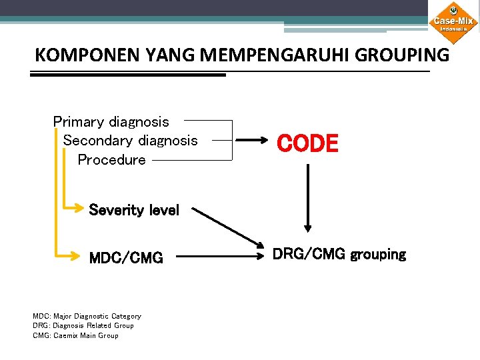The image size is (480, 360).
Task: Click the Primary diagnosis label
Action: click(x=111, y=122)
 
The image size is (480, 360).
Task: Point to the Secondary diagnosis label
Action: click(x=130, y=141)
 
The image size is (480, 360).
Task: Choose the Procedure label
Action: click(x=111, y=160)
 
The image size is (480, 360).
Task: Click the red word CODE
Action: click(x=307, y=143)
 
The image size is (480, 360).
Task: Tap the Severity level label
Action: click(x=134, y=210)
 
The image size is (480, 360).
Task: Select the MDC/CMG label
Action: click(x=126, y=258)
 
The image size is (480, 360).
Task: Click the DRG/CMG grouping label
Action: click(x=339, y=255)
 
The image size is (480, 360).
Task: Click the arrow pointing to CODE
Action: click(x=253, y=141)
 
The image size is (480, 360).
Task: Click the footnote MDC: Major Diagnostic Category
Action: click(x=87, y=316)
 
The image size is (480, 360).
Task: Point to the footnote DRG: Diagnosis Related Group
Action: click(x=83, y=325)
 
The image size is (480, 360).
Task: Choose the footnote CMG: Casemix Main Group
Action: click(x=75, y=335)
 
